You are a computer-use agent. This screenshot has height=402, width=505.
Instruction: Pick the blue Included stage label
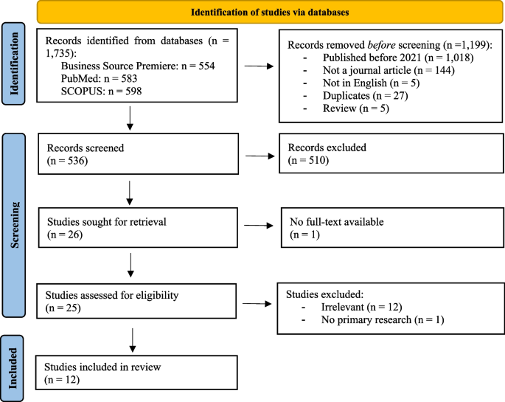pyautogui.click(x=15, y=367)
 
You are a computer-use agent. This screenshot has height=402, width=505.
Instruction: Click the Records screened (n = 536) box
pyautogui.click(x=139, y=153)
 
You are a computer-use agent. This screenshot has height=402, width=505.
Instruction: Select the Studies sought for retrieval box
pyautogui.click(x=139, y=226)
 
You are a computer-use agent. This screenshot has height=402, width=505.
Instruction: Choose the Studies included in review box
pyautogui.click(x=139, y=373)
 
